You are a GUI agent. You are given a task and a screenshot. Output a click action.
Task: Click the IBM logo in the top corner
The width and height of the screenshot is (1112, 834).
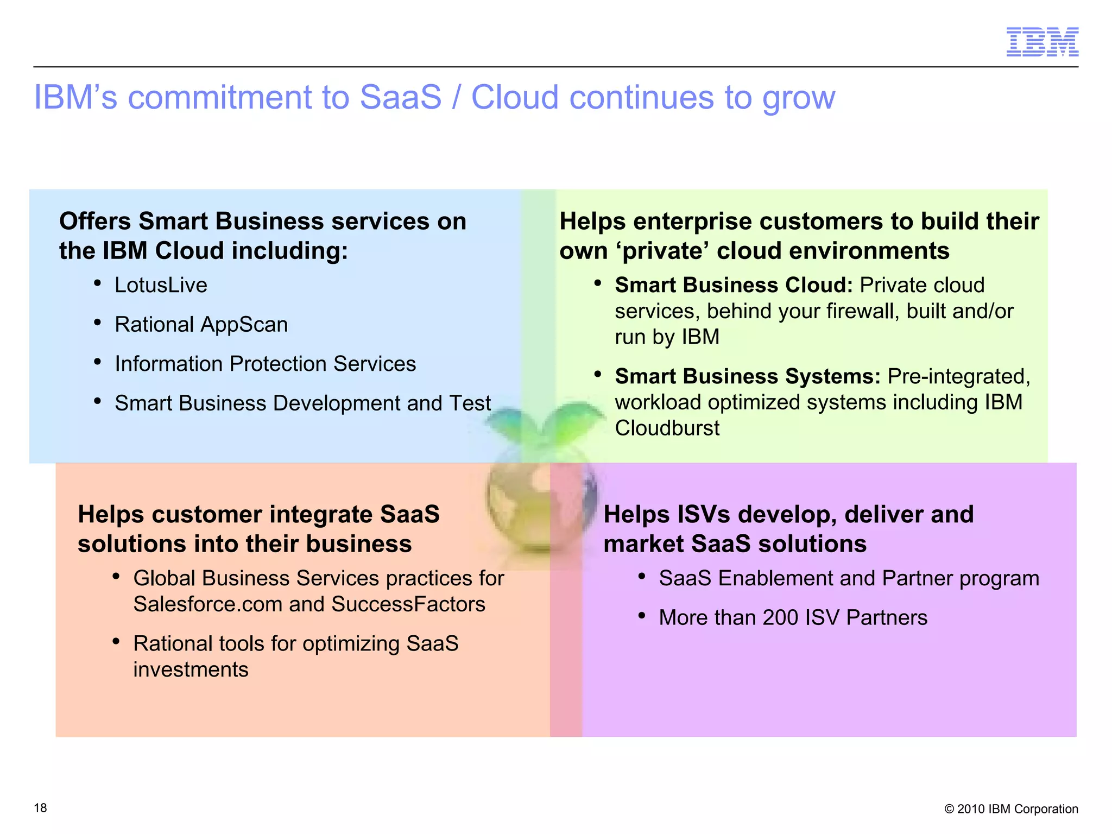click(x=1042, y=42)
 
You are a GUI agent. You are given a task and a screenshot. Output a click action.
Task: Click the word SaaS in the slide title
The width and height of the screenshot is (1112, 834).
click(x=400, y=98)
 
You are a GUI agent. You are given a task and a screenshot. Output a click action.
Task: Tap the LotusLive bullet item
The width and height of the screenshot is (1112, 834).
click(x=161, y=285)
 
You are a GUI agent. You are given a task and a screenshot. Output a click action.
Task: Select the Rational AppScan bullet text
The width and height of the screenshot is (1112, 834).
click(x=201, y=325)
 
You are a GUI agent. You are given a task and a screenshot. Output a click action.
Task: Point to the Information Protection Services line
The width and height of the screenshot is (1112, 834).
click(x=265, y=364)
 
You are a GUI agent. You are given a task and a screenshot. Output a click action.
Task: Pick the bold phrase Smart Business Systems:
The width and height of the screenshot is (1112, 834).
click(x=747, y=376)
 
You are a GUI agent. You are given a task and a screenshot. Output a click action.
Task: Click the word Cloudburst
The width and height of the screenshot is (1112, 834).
click(x=667, y=428)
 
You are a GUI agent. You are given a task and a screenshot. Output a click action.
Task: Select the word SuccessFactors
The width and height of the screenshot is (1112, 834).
click(x=408, y=604)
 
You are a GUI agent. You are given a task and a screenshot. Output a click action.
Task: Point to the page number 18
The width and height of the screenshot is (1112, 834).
click(x=40, y=808)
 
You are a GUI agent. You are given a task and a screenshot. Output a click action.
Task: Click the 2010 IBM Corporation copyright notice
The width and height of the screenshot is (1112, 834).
click(x=1011, y=809)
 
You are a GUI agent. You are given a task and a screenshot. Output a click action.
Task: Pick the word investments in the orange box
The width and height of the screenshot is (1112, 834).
click(x=191, y=669)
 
